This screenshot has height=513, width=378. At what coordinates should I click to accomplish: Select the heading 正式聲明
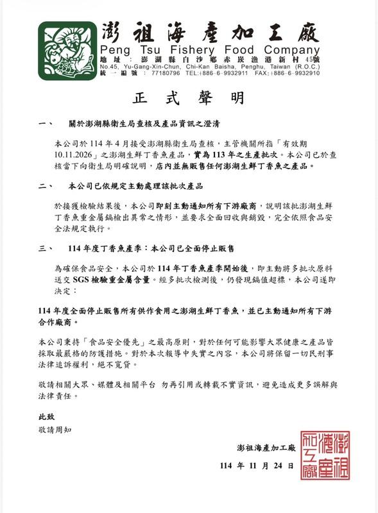click(189, 99)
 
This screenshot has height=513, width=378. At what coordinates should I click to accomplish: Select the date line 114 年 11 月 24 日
click(257, 466)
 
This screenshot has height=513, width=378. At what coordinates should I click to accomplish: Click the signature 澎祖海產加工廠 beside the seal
click(264, 446)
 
